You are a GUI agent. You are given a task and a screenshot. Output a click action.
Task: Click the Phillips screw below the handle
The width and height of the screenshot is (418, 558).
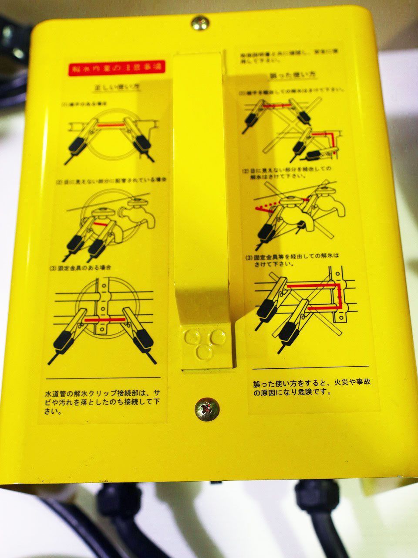pos(207,408)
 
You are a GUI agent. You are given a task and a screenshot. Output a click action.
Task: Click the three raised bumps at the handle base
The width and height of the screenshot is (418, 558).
pos(203,342)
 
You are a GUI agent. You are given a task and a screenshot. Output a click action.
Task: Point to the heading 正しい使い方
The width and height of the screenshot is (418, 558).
pos(112,86)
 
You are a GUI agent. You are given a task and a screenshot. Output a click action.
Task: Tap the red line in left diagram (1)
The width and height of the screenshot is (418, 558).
pos(110,125)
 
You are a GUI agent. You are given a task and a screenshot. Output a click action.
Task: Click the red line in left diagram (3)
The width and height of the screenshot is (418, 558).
pos(104,320)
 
